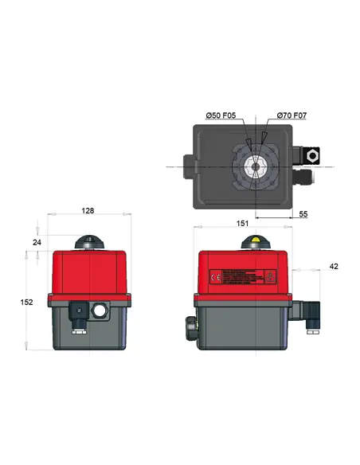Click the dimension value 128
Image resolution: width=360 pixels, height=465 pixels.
88,211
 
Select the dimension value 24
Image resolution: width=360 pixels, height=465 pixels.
35,241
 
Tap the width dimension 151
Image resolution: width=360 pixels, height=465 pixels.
243,225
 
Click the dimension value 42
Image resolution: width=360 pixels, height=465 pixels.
334,266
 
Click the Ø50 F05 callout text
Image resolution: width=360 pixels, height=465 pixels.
221,116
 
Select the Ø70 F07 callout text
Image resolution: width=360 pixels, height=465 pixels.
292,116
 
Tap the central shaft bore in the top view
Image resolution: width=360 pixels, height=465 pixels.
256,166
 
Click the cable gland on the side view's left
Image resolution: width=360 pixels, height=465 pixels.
190,326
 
